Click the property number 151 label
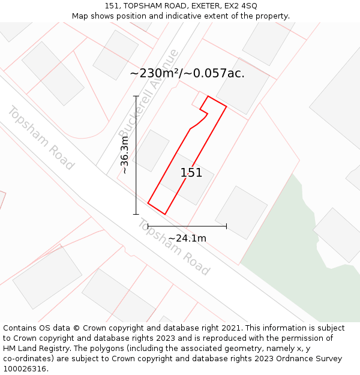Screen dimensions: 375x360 191,173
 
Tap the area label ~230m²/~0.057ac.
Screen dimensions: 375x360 187,73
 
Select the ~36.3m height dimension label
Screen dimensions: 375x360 124,155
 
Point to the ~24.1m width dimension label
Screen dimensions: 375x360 187,238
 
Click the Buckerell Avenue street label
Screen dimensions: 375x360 148,94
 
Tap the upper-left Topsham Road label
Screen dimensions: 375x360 41,137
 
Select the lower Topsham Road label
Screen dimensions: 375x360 174,247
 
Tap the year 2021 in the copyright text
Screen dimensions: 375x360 229,328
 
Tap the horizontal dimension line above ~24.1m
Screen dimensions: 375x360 187,226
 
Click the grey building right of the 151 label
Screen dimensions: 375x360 241,212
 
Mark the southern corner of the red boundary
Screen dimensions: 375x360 164,214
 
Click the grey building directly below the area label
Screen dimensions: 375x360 242,86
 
